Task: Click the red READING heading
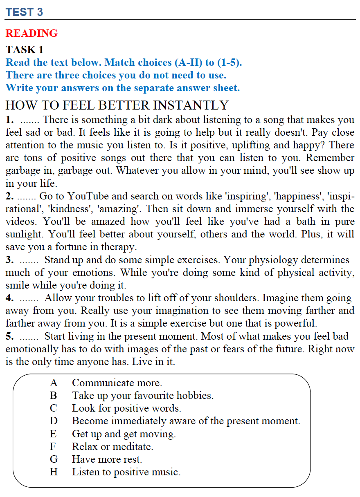[32, 34]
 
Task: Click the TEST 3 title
[24, 12]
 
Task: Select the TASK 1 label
[25, 50]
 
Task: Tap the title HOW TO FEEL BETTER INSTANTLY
[117, 105]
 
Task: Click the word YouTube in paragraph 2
[87, 196]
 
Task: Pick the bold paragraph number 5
[9, 336]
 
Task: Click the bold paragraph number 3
[9, 260]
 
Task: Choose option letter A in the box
[54, 383]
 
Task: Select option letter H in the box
[54, 472]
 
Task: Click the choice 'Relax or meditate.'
[112, 447]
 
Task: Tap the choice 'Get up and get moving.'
[124, 434]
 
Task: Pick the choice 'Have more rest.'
[107, 459]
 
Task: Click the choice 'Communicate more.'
[117, 383]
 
